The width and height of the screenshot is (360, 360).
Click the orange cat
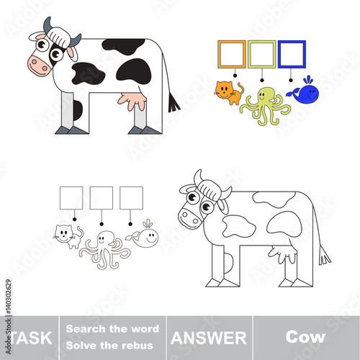click(228, 93)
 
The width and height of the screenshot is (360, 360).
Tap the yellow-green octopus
click(265, 102)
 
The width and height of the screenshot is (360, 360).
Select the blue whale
click(305, 92)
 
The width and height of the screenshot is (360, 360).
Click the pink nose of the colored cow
click(38, 66)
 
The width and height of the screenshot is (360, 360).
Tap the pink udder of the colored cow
click(132, 100)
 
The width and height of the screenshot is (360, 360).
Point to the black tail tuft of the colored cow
click(174, 104)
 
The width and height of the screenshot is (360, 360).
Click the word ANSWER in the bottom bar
click(209, 338)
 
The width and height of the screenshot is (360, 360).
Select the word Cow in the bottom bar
click(305, 337)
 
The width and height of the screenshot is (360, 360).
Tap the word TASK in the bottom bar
click(31, 338)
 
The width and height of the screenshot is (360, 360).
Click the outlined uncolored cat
click(68, 236)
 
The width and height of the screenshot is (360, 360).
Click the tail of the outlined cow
click(325, 256)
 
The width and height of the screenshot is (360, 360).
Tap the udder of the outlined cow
click(283, 254)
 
